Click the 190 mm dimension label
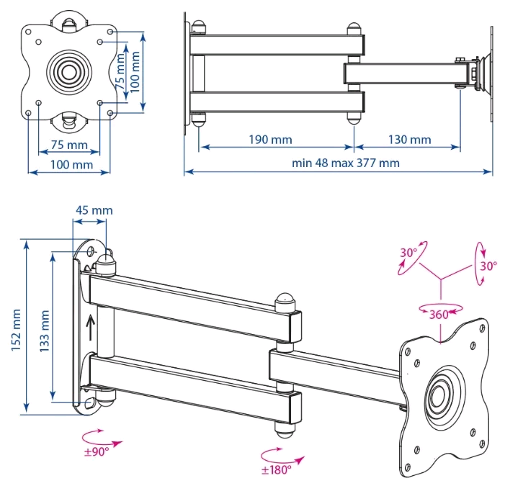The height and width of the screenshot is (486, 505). tap(271, 139)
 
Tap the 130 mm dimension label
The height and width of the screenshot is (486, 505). tap(408, 139)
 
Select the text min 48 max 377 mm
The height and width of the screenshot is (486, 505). tap(346, 163)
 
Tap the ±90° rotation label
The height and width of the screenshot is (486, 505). tap(97, 451)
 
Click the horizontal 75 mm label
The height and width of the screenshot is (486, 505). tap(69, 145)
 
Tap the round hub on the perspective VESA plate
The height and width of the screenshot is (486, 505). tap(439, 395)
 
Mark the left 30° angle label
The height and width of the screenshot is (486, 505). tap(409, 253)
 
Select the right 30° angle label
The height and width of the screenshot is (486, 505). tap(489, 266)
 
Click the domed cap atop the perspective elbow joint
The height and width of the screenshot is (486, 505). tap(285, 299)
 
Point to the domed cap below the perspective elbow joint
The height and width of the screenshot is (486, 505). tap(285, 428)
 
